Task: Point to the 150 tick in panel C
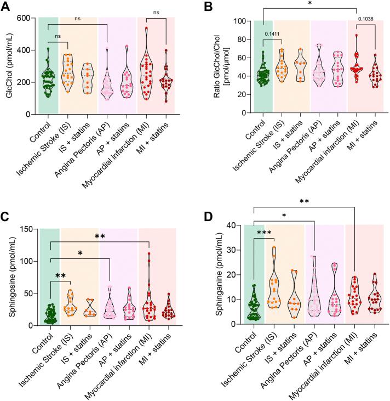pos(28,229)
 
